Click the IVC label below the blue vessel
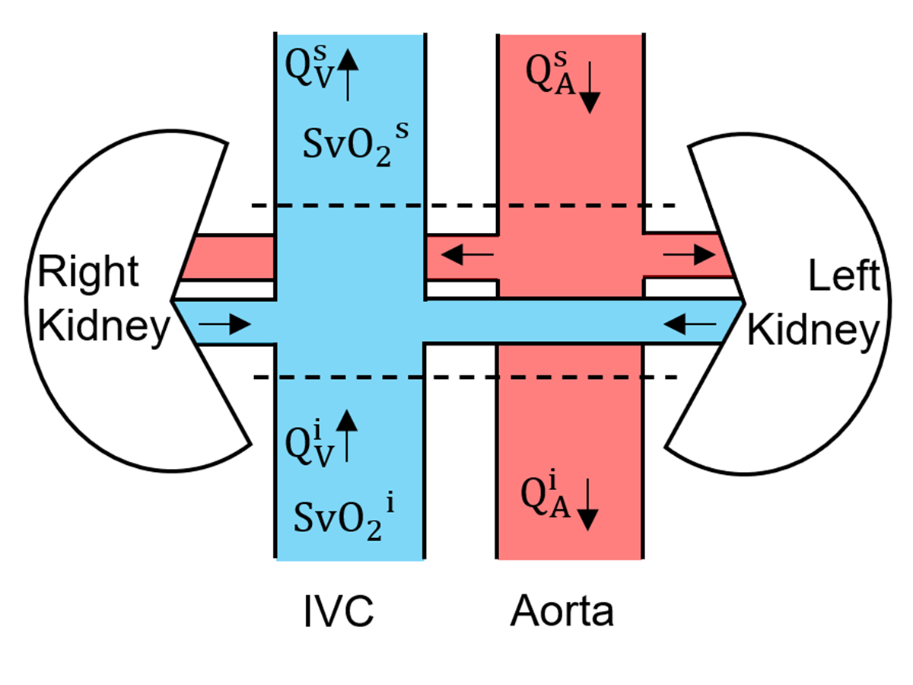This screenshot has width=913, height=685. [x=336, y=610]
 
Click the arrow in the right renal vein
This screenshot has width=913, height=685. [x=229, y=325]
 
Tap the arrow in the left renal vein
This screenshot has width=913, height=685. [x=689, y=325]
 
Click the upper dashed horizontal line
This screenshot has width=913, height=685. [x=464, y=205]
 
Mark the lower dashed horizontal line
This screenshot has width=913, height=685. [x=464, y=377]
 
